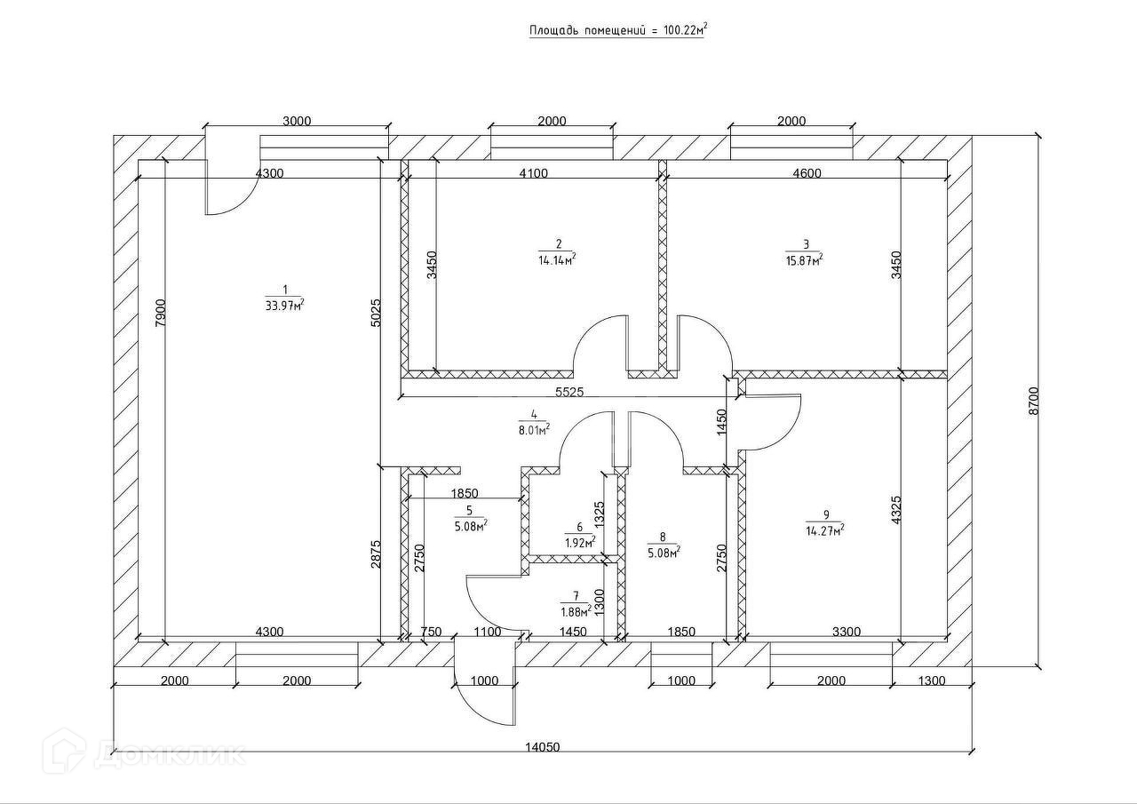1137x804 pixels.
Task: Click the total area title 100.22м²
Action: coord(618,30)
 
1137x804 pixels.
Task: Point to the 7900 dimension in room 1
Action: coord(160,313)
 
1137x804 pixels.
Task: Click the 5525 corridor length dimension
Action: coord(568,391)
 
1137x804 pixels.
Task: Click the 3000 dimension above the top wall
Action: coord(296,122)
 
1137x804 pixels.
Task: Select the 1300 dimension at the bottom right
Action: coord(931,681)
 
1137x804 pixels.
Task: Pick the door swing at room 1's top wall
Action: coord(227,194)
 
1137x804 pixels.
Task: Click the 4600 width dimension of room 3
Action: coord(807,173)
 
